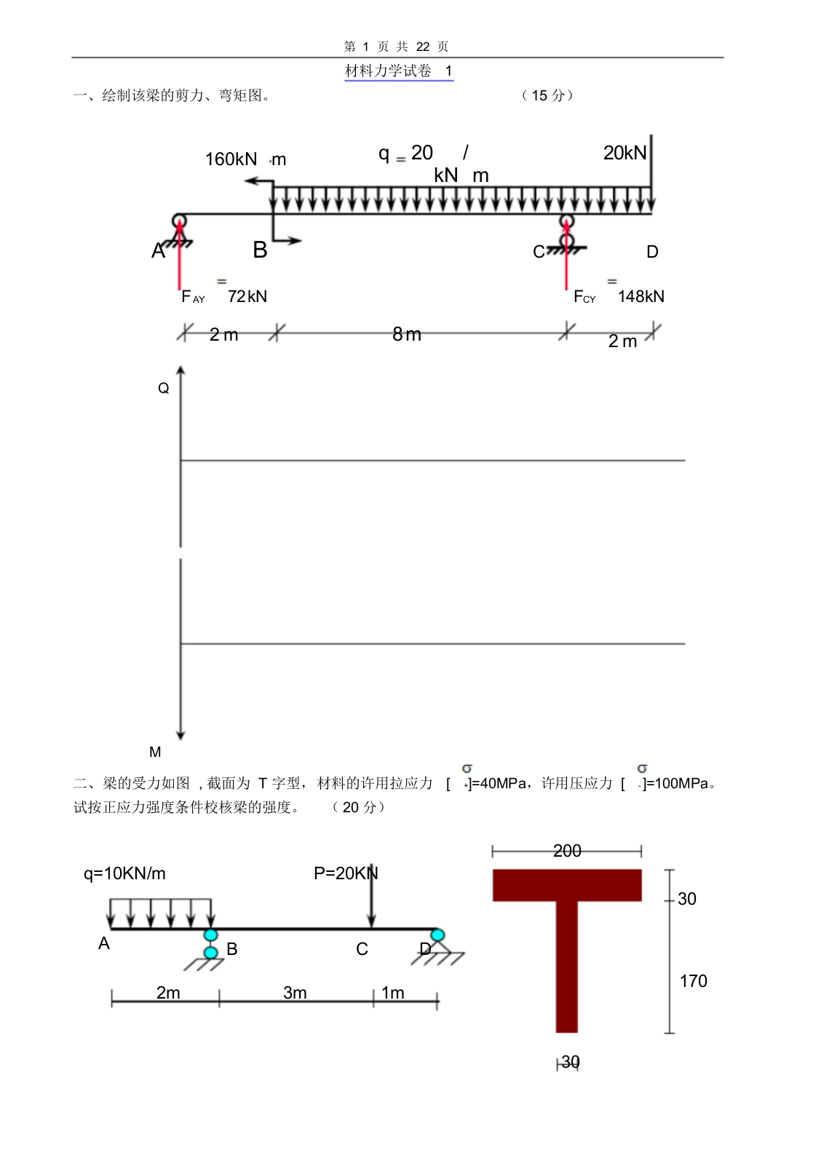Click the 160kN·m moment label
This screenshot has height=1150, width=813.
(x=245, y=159)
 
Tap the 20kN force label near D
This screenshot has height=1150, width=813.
(x=624, y=153)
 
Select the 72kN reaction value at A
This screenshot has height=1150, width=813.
(x=247, y=296)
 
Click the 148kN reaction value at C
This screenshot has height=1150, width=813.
(x=641, y=296)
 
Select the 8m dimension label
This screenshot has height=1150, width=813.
(x=407, y=334)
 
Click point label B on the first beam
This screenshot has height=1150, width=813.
(x=260, y=250)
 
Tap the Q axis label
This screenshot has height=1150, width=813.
(x=163, y=389)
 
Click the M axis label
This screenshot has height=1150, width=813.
(x=155, y=752)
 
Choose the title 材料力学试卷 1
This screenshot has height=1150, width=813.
(x=398, y=71)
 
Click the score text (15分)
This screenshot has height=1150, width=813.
(x=547, y=95)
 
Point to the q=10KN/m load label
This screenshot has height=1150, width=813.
(x=124, y=873)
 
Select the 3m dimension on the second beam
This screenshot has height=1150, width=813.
(x=295, y=993)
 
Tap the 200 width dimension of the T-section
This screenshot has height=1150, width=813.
(x=566, y=851)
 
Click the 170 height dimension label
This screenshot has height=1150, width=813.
(x=693, y=981)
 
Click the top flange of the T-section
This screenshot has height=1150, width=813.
(x=566, y=885)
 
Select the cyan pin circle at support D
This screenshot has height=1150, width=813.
(x=437, y=935)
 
